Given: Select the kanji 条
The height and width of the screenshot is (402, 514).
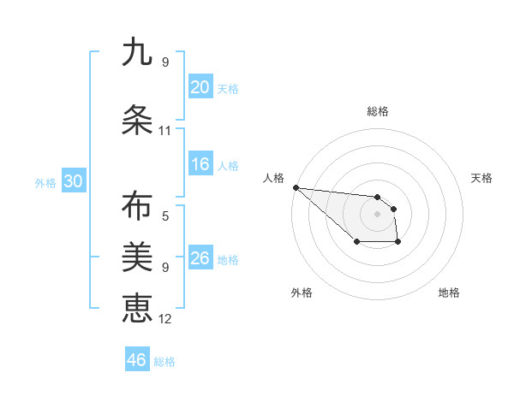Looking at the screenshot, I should point(137,121).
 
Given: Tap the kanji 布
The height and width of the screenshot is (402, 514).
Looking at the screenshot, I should point(137,208).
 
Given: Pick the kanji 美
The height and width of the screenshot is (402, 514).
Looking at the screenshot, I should point(137,256).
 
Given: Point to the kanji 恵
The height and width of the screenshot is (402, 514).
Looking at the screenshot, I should point(137,305).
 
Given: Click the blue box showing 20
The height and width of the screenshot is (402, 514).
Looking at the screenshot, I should point(200,87).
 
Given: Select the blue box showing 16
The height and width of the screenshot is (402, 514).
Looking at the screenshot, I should point(200,164).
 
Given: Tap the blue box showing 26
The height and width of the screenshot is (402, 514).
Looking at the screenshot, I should point(200,258).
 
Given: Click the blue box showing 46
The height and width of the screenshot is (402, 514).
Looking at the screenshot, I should point(137,360).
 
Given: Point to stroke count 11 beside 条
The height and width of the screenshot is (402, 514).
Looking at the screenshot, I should point(165,131).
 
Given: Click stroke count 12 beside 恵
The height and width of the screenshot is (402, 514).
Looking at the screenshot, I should point(165,319).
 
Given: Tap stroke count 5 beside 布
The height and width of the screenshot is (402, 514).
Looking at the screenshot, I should point(165,216).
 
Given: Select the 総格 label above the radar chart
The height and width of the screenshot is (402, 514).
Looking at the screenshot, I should point(378,111).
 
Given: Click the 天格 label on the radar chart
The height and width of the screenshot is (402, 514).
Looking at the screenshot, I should point(482,178).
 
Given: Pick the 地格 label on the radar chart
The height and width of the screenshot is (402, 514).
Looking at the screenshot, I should point(449,293).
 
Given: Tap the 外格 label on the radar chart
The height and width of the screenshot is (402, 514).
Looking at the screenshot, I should point(302,293).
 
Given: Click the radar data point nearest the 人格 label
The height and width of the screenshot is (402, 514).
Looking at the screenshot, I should point(296,187).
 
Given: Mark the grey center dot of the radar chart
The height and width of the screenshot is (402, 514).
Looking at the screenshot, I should point(377,213).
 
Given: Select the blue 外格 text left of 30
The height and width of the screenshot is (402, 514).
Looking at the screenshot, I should point(45,182).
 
